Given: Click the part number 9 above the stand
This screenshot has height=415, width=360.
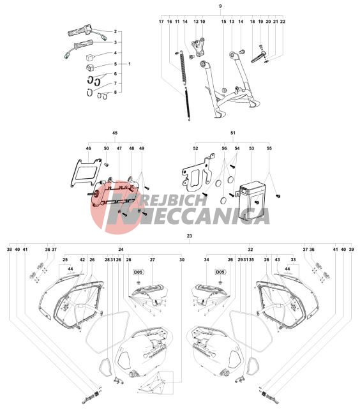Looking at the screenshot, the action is click(x=220, y=6).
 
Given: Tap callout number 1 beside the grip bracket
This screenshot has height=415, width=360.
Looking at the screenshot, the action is click(x=130, y=64).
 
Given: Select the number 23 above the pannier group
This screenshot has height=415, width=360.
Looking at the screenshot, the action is click(x=190, y=236).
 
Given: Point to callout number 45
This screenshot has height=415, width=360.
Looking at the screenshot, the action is click(x=115, y=133).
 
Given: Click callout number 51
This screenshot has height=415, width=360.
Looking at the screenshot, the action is click(x=233, y=133).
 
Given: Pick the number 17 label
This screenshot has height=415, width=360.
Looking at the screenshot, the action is click(x=161, y=22).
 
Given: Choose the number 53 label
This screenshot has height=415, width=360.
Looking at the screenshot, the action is click(x=251, y=148).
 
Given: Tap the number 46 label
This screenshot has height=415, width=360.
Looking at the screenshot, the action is click(x=88, y=148).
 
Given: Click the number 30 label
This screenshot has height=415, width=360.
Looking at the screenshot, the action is click(x=182, y=260).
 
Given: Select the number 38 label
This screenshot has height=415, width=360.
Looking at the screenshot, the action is click(x=10, y=249).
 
